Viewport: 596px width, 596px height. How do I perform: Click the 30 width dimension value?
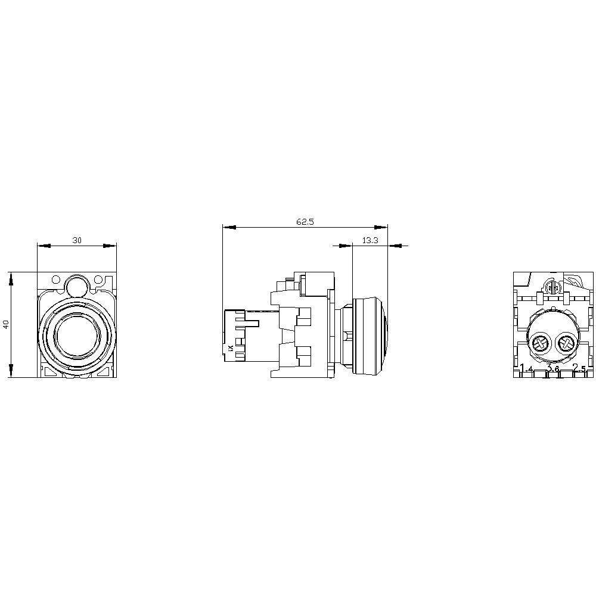[x=77, y=240]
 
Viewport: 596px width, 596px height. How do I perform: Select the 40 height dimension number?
[x=5, y=325]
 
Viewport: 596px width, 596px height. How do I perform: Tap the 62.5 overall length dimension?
[x=305, y=222]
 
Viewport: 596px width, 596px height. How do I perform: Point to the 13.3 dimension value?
[x=370, y=240]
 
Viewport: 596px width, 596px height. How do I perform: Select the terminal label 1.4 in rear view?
[x=526, y=368]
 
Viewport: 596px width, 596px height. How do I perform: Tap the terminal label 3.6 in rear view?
[x=552, y=369]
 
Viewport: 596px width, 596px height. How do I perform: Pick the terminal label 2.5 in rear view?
[x=579, y=368]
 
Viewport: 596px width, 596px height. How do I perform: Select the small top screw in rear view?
[x=552, y=288]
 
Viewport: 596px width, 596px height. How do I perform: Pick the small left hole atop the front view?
[x=55, y=279]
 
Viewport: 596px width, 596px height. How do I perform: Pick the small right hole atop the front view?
[x=98, y=279]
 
